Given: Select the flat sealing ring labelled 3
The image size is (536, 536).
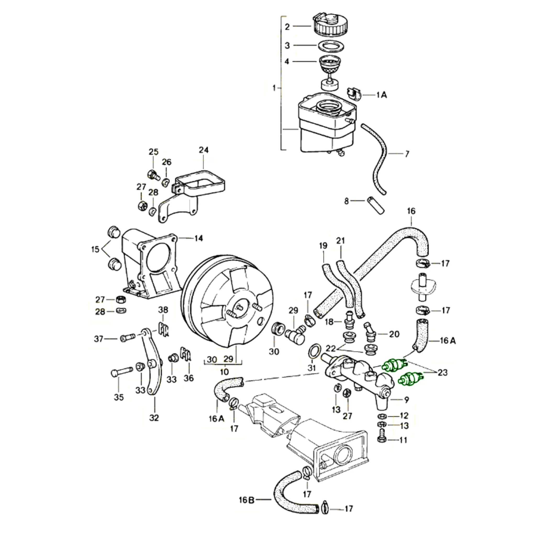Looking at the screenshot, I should pos(331,46).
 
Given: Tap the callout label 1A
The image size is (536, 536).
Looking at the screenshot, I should pos(382,95).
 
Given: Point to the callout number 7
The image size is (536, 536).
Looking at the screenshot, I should pos(407,154).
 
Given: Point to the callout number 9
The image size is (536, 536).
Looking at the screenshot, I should pos(406,400).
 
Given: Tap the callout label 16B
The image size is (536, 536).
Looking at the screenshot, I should pos(247,500).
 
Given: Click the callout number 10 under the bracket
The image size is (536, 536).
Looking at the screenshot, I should pos(224,371).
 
